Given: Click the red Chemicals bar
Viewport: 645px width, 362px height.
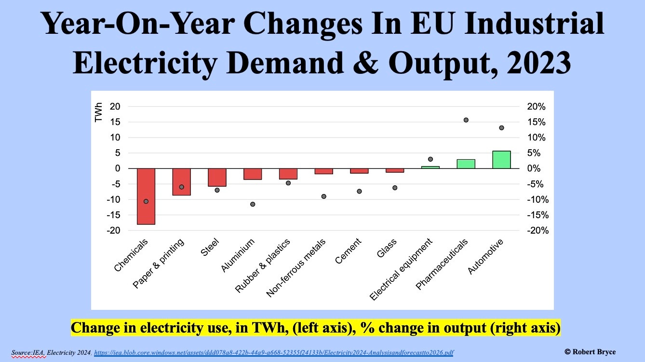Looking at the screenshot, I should [x=146, y=196].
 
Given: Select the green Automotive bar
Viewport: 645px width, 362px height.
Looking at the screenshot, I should [x=501, y=160].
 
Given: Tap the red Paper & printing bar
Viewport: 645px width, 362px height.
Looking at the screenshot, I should [x=182, y=182].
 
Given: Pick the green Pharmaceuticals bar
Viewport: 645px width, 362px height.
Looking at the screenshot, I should [x=466, y=164].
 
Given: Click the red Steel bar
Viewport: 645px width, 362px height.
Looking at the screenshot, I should [x=217, y=177].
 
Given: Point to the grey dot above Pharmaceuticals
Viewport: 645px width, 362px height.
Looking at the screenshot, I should [x=466, y=120].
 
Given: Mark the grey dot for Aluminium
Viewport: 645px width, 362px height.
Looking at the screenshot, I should [x=253, y=204].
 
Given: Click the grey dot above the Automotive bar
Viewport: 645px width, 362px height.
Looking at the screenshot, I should [x=501, y=128].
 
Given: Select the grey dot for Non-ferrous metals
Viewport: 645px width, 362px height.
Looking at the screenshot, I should [x=324, y=196].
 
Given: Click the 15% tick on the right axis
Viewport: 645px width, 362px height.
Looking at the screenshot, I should [x=536, y=122].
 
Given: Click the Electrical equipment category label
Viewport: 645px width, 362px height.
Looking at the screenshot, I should [x=402, y=269].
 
